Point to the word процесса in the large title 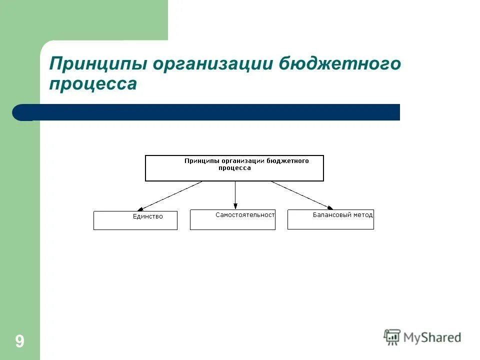tap(92, 83)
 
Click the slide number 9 tap(19, 341)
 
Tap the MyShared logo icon tap(392, 336)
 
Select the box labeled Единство tap(135, 220)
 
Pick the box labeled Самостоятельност tap(232, 219)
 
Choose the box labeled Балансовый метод tap(330, 219)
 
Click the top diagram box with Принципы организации tap(234, 168)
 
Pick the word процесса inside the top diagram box tap(234, 168)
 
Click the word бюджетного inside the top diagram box tap(287, 161)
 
